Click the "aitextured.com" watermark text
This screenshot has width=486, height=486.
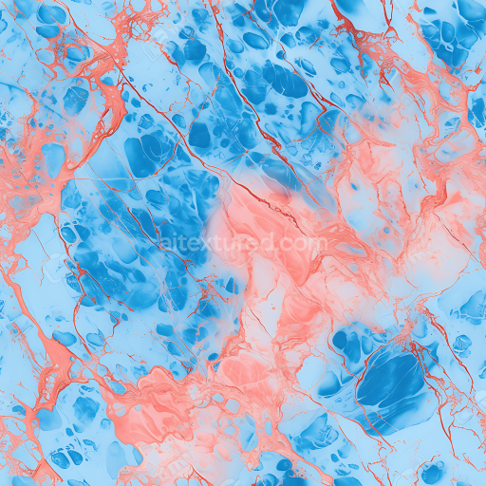[x=243, y=243]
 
